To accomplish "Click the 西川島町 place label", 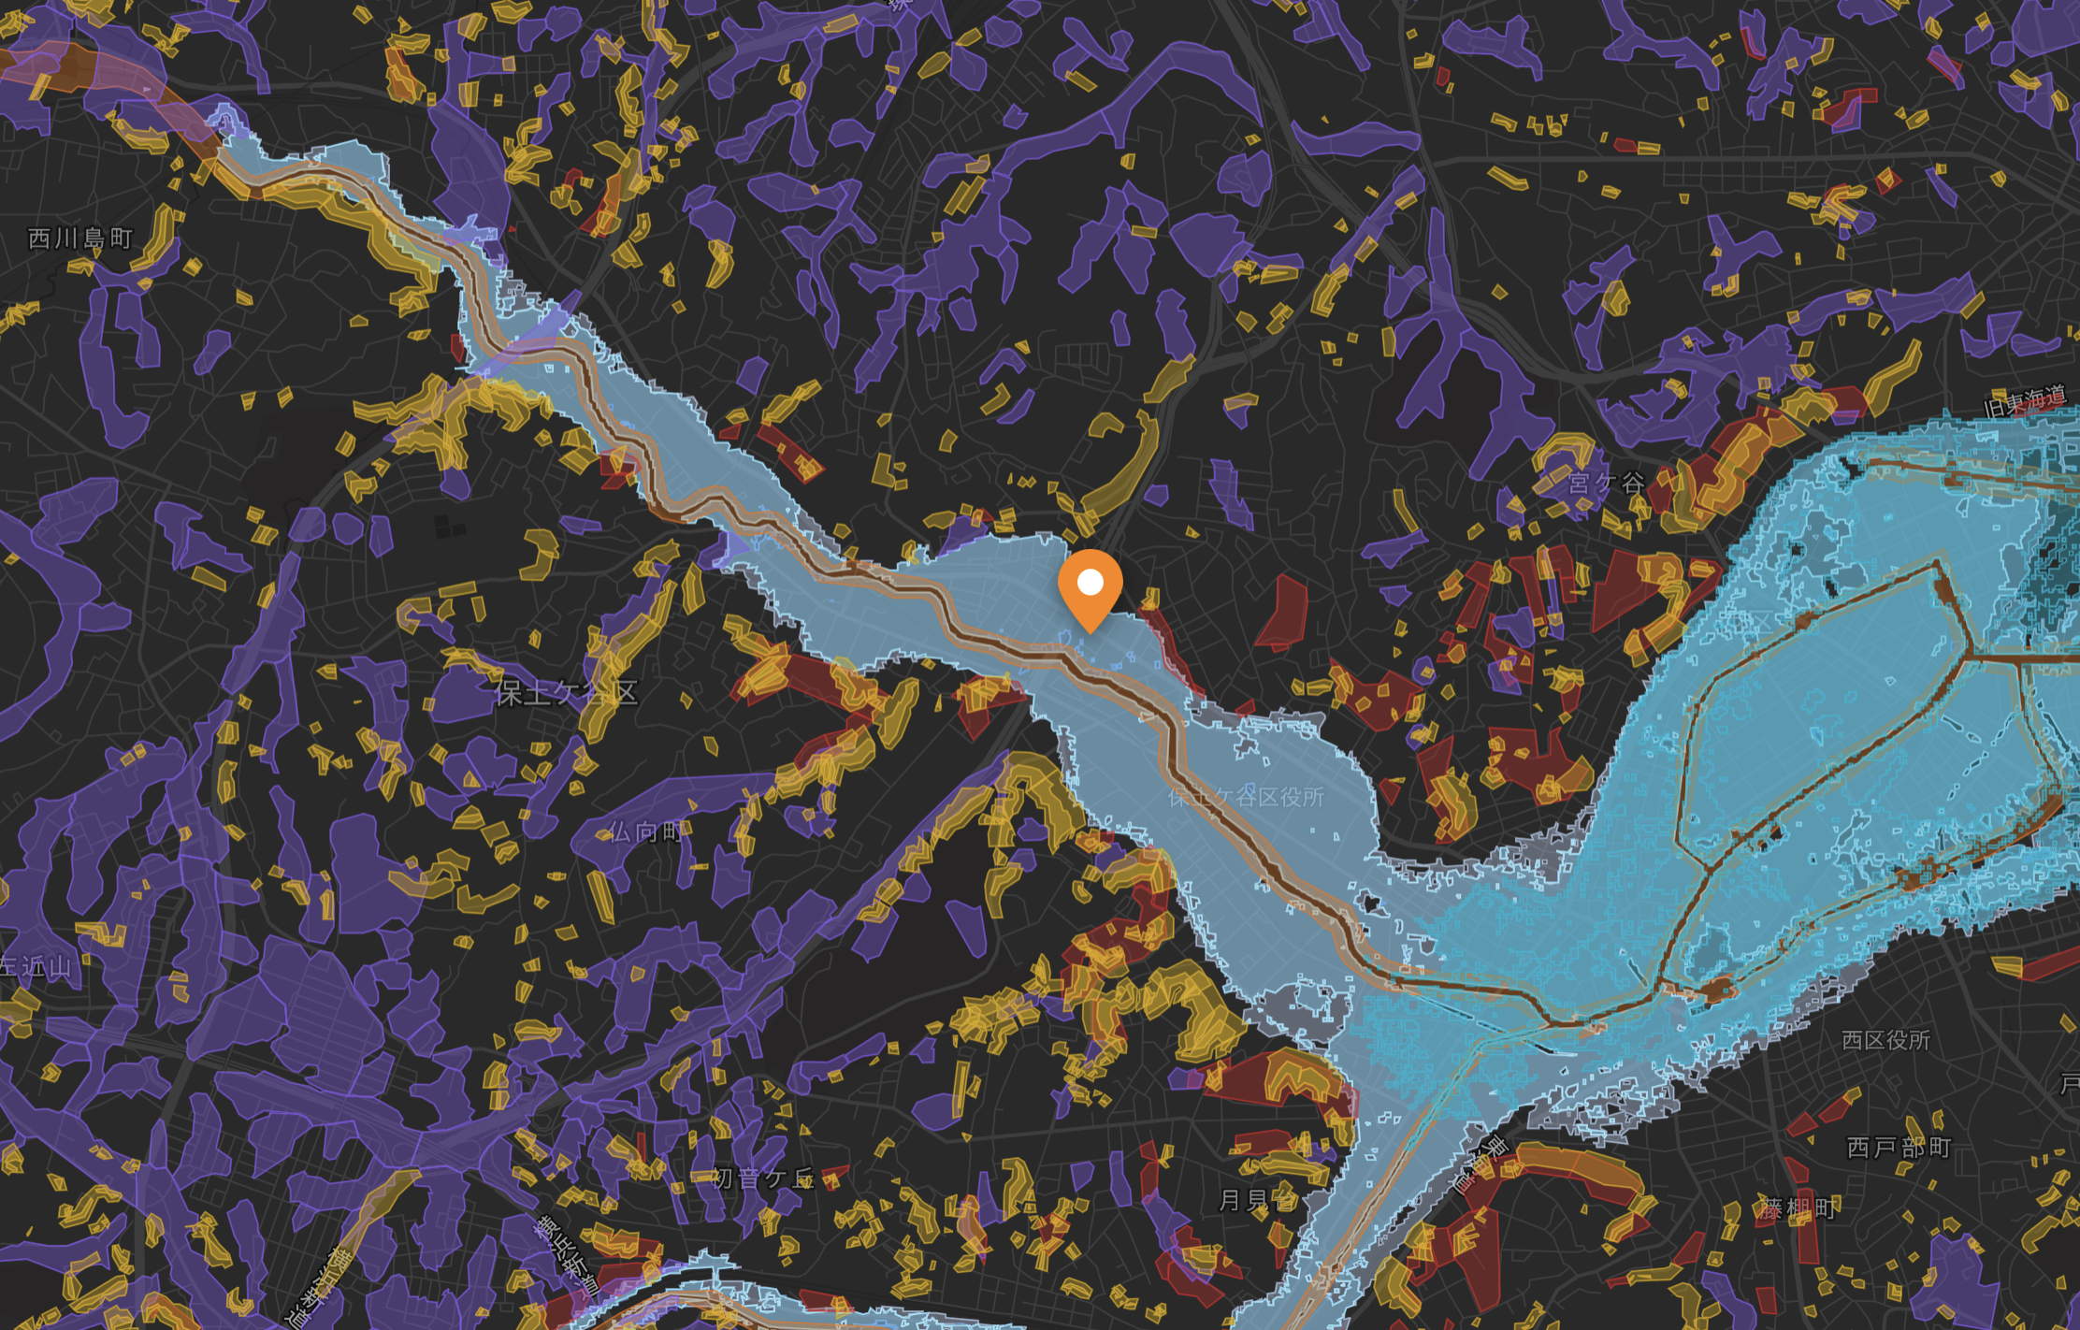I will point(80,239).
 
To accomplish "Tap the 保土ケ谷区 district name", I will point(566,693).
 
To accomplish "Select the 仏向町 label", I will point(645,831).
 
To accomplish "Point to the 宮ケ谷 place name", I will point(1606,484).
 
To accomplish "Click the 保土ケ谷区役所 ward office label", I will point(1246,797).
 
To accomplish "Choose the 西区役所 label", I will point(1885,1040).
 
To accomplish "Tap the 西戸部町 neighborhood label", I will point(1899,1148).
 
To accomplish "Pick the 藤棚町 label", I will point(1798,1208).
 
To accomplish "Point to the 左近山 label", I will point(36,966).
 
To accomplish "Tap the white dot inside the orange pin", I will point(1091,583).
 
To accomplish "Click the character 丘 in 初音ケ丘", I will point(802,1178).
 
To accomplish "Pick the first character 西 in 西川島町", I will point(39,239).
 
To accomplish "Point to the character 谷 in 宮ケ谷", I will point(1633,484).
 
